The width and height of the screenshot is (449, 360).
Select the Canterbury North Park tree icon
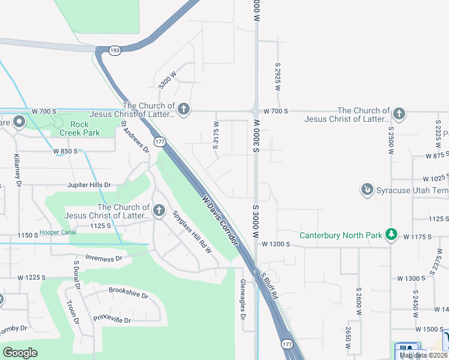click(391, 235)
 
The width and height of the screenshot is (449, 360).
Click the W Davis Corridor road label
click(220, 220)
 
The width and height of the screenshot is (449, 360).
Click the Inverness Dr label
click(95, 258)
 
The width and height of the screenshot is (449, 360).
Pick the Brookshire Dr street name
click(128, 290)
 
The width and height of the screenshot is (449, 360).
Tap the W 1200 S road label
click(277, 244)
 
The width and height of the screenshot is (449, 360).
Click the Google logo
click(20, 353)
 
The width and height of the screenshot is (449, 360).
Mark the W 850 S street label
click(65, 151)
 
